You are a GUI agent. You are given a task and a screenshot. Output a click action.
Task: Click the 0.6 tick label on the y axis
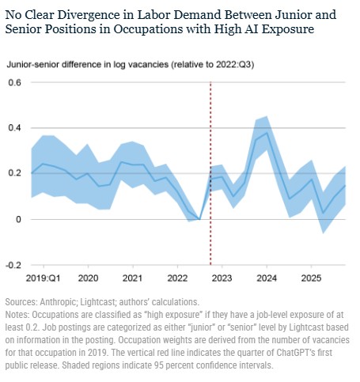click(14, 83)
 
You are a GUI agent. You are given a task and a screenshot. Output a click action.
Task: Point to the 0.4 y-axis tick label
click(14, 128)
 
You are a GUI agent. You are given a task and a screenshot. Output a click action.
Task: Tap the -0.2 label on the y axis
click(13, 265)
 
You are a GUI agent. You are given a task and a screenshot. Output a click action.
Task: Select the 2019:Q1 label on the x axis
click(43, 278)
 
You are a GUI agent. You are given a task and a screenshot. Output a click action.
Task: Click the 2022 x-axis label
click(177, 278)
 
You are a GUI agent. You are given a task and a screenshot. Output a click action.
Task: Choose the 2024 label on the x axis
click(267, 278)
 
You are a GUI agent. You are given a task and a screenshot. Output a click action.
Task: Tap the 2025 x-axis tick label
click(312, 278)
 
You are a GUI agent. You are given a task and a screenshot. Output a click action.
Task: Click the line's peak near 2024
click(267, 133)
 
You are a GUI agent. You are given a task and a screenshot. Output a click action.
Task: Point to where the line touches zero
click(199, 219)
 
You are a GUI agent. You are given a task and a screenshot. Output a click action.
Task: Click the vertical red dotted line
click(210, 173)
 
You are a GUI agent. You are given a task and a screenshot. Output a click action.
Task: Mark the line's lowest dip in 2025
click(323, 214)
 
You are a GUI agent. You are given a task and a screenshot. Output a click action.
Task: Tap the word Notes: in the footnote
click(17, 315)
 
